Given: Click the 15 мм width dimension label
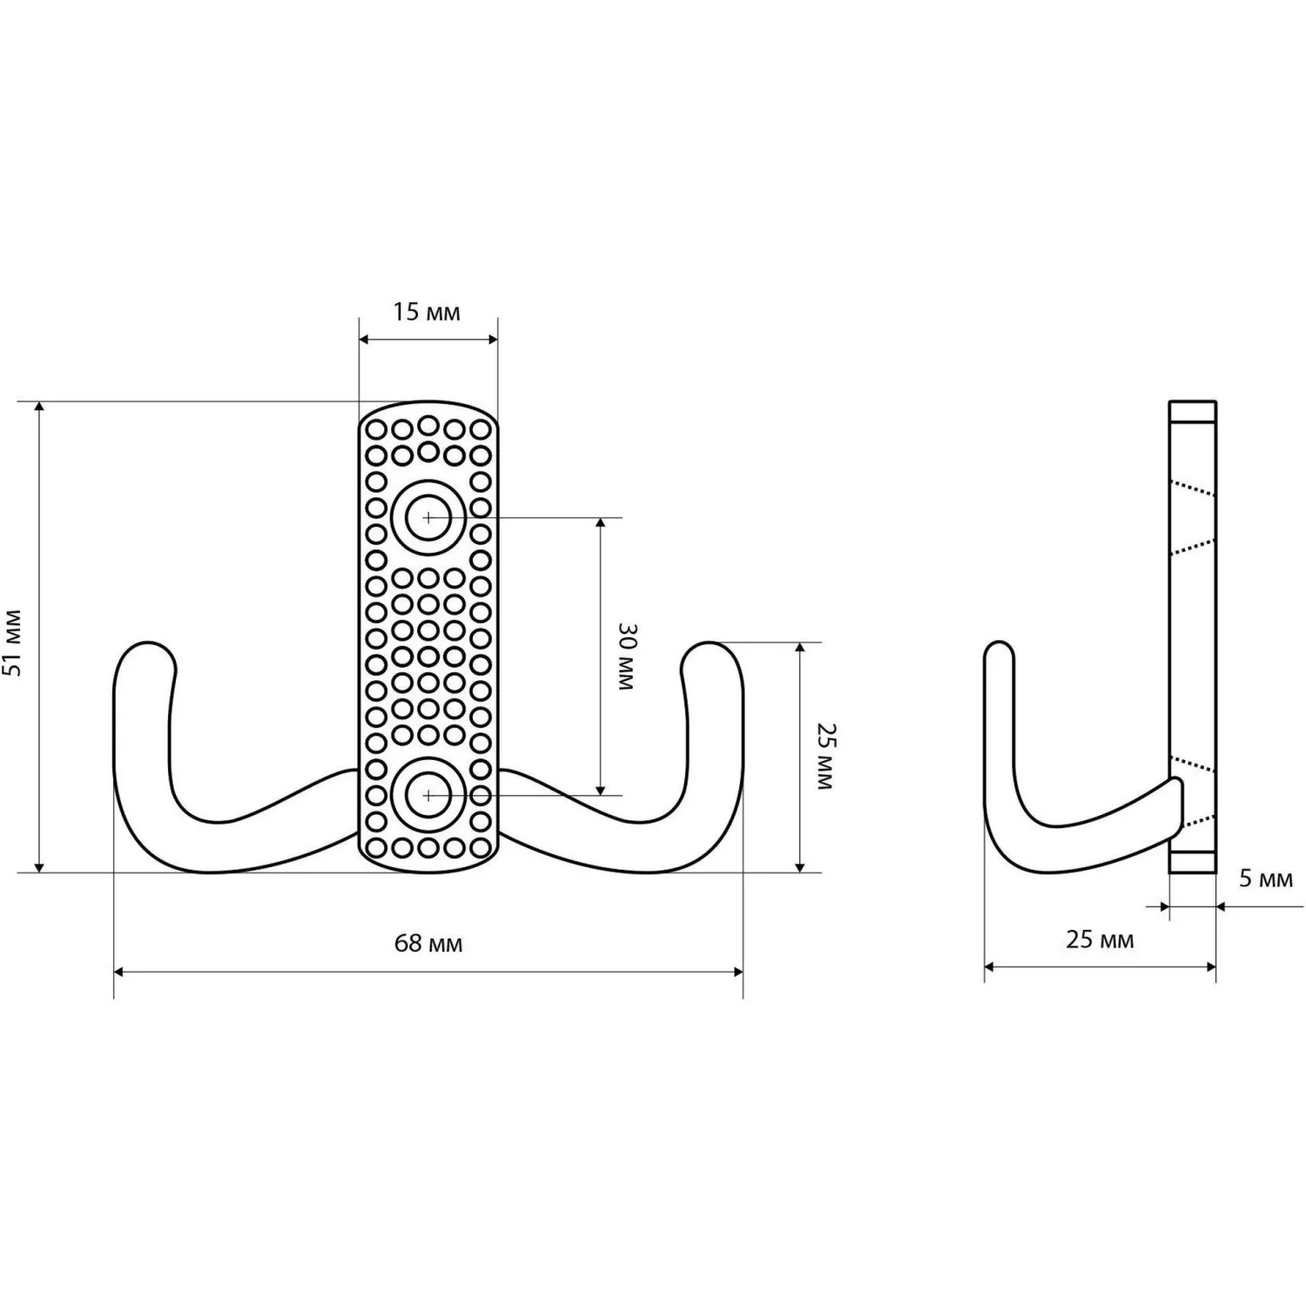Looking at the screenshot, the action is pos(426,311).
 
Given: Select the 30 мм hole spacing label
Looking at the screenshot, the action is pos(625,656).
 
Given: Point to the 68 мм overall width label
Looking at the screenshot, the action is pos(428,943).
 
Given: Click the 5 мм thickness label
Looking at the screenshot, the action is pos(1266,879).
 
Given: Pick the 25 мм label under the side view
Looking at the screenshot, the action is pos(1100,939).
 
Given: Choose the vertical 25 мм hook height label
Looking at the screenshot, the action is pos(824,756).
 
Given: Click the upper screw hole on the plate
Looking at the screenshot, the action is pos(428,516).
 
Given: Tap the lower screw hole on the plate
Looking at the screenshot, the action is pos(428,795).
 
